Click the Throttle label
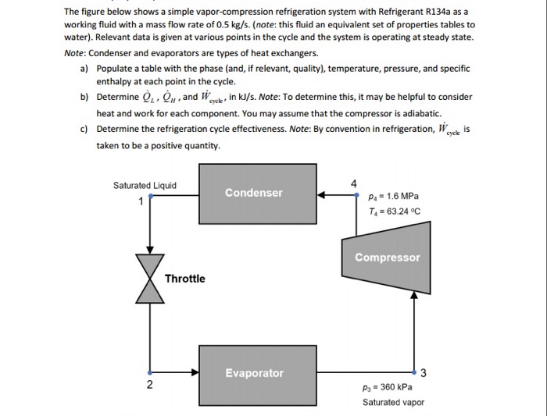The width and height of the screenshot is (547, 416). [185, 279]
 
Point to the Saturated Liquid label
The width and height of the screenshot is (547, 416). [145, 185]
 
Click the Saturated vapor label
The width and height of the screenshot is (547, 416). [393, 403]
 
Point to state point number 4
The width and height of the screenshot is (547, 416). [353, 184]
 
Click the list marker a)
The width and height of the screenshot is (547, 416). [84, 69]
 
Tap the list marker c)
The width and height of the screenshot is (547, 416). [84, 130]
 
